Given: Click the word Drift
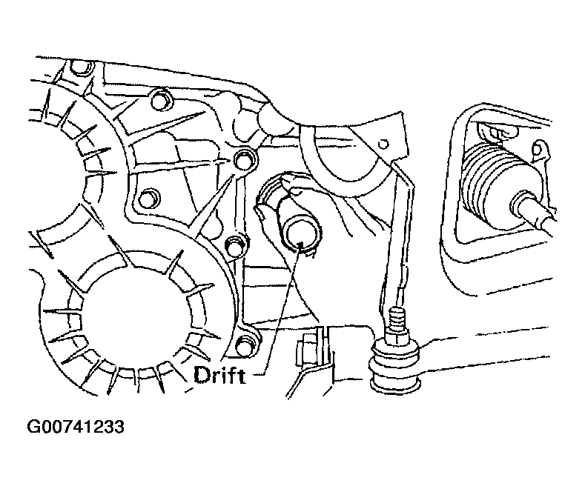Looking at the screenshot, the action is (x=219, y=376).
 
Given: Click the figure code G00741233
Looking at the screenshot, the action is (x=76, y=427).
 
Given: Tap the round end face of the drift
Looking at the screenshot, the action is (x=303, y=237).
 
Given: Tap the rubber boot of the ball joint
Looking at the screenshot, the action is (x=396, y=369).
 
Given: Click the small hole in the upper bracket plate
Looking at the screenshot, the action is (x=383, y=144).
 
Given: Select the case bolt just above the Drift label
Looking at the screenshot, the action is (x=246, y=344).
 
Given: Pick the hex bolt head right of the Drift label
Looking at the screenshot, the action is (x=305, y=350).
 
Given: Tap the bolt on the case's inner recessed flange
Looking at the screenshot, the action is (x=148, y=198).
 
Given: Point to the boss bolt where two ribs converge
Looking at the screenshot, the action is (x=245, y=160).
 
